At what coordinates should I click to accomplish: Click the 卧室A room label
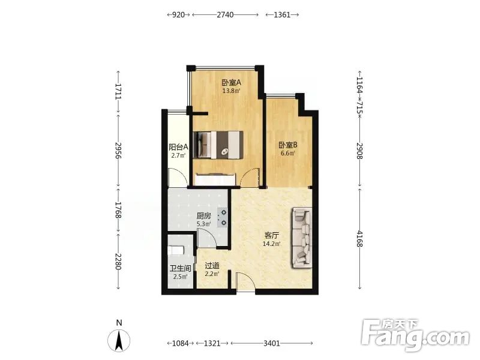tap(232, 82)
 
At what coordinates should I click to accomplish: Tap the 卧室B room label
tap(288, 145)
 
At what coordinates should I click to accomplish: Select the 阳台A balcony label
tap(178, 147)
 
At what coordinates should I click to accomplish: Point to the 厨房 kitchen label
tap(203, 216)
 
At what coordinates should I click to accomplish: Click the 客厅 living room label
tap(272, 235)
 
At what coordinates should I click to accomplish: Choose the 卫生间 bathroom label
tap(181, 268)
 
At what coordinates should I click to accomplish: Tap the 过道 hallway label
tap(212, 266)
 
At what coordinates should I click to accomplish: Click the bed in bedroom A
tap(218, 145)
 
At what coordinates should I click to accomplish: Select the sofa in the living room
tap(302, 238)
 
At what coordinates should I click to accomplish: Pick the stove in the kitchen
tap(222, 217)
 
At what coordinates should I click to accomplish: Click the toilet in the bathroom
tap(176, 250)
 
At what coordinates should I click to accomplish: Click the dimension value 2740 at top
tap(225, 14)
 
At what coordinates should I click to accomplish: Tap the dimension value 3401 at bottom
tap(272, 343)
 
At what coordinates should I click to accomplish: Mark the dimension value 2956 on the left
tap(118, 150)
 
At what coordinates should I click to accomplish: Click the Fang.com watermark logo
tap(415, 335)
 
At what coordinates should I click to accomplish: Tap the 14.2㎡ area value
tap(272, 244)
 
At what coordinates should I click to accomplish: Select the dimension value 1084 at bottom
tap(180, 343)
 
